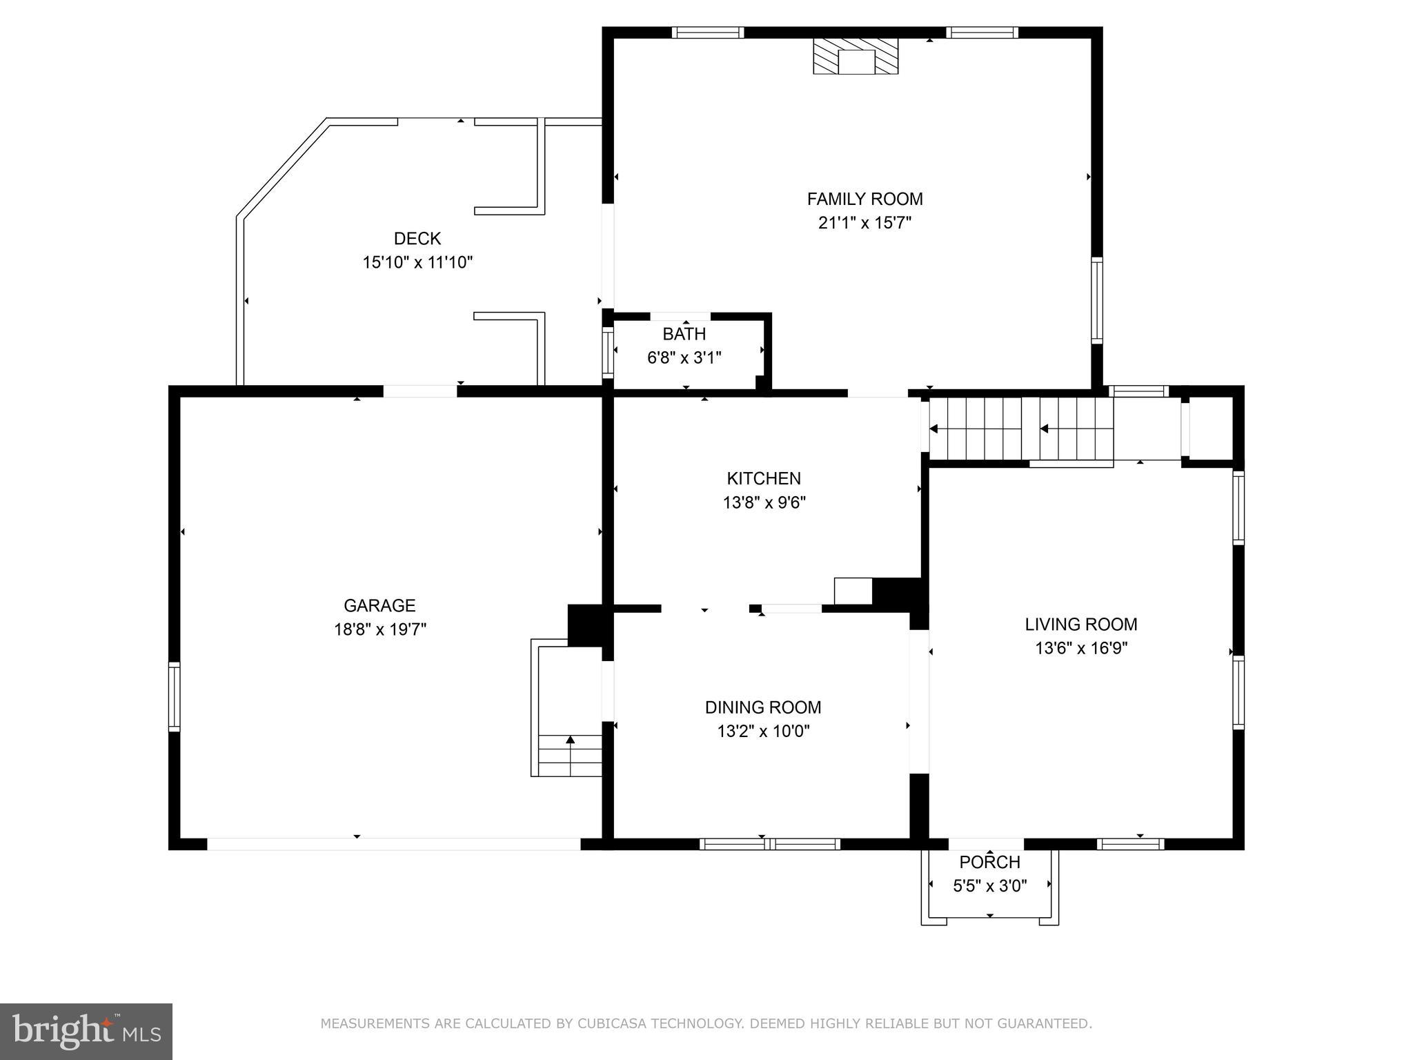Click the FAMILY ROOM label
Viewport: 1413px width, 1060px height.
pos(864,199)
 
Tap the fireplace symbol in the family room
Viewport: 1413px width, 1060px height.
pos(856,56)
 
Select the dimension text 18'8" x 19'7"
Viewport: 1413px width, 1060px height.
pos(380,629)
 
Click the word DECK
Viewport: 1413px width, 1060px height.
pos(417,239)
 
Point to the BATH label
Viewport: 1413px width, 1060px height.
pos(684,334)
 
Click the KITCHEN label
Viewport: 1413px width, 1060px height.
pos(764,478)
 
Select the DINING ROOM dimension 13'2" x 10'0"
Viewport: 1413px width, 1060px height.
pos(763,731)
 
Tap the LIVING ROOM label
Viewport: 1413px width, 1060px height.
pos(1080,625)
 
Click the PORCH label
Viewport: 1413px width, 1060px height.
pos(989,862)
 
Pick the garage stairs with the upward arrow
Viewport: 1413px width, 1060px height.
pos(569,755)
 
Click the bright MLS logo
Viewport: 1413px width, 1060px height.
pos(86,1032)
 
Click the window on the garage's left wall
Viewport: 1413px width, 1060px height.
pos(175,696)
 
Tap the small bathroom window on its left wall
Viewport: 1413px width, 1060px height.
pos(608,351)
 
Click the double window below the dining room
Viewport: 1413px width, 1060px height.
pos(769,843)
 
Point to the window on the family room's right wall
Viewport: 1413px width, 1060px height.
pos(1096,300)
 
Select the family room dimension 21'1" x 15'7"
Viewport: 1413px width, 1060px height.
pos(864,223)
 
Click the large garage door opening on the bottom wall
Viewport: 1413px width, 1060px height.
pos(393,843)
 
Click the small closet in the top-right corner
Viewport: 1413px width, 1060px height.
pos(1211,428)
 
